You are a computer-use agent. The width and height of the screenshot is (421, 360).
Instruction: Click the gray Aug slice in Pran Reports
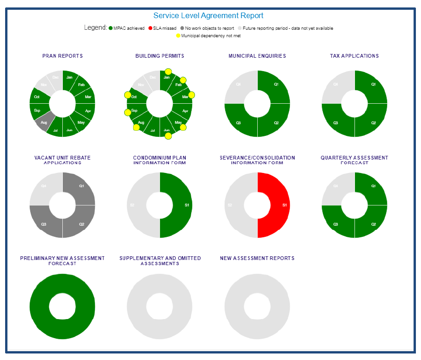(43, 124)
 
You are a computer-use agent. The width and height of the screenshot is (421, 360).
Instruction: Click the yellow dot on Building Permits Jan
(168, 72)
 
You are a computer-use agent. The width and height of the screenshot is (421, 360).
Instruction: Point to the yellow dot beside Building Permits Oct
(127, 95)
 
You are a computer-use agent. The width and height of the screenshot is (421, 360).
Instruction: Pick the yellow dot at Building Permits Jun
(168, 136)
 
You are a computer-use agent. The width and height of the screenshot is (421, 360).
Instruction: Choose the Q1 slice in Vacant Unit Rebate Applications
(80, 187)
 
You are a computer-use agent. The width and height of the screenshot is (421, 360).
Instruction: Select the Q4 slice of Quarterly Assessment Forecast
(336, 187)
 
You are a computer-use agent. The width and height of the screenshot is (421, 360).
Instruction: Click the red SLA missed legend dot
(150, 28)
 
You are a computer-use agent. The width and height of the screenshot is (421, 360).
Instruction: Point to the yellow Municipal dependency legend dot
(178, 36)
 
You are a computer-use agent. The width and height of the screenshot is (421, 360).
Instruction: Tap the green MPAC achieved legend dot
(111, 28)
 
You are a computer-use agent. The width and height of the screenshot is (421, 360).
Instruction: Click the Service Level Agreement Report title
(208, 16)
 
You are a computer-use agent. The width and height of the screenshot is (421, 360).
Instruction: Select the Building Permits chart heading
(160, 56)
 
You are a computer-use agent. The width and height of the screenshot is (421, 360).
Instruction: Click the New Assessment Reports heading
(257, 258)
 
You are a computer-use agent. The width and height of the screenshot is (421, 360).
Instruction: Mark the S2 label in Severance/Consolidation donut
(229, 205)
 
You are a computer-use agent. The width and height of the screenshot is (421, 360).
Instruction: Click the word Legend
(95, 28)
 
